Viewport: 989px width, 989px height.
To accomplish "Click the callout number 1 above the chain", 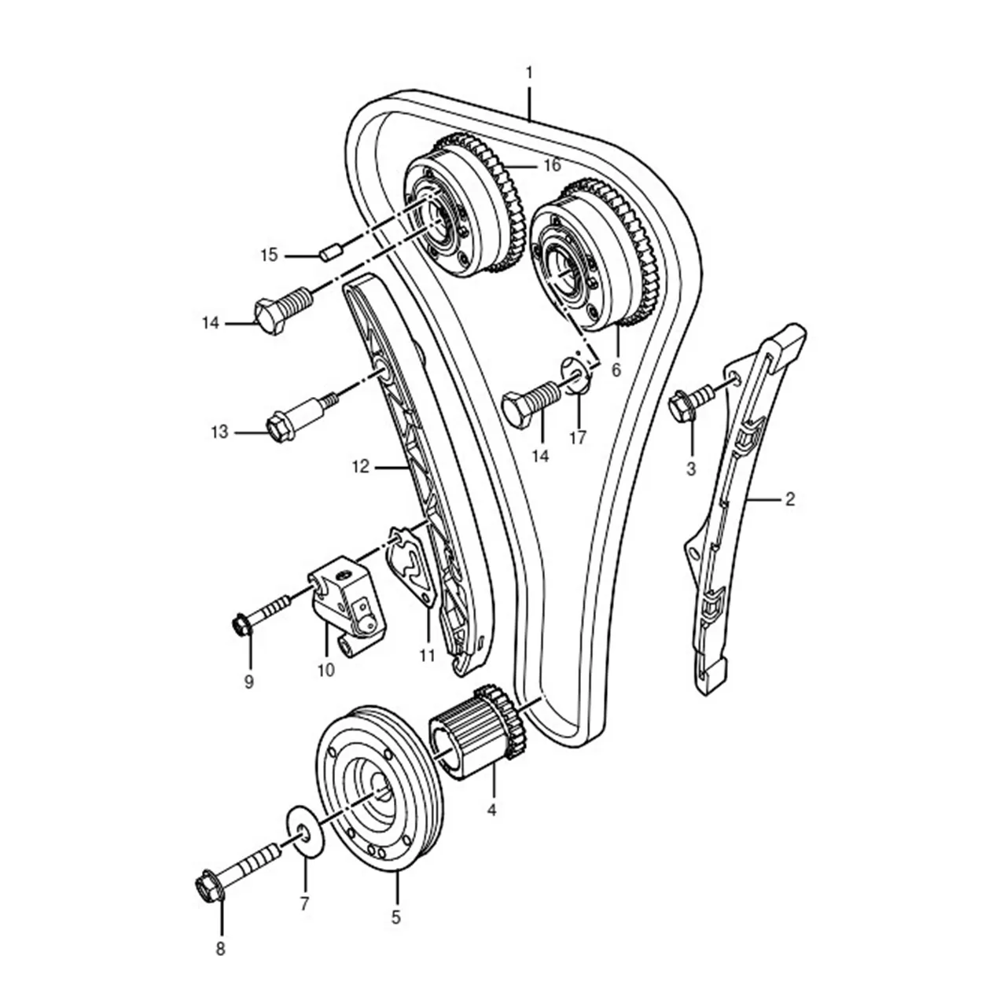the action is pyautogui.click(x=529, y=72).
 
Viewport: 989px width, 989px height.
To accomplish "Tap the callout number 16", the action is pyautogui.click(x=552, y=166).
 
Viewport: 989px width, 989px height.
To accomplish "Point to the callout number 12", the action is pyautogui.click(x=361, y=467).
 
